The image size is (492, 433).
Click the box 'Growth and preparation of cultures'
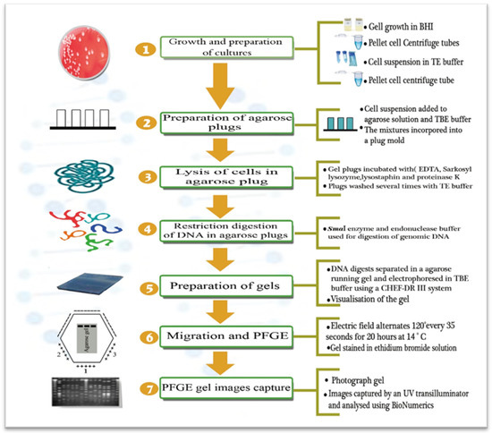(235, 45)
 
